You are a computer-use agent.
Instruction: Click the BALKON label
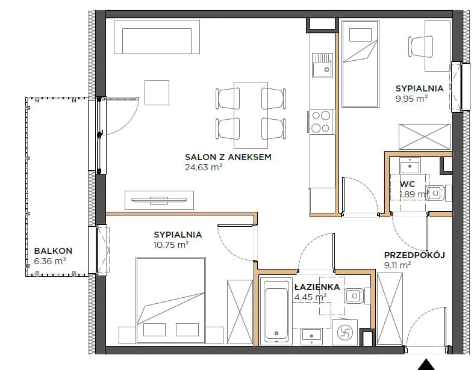click(53, 251)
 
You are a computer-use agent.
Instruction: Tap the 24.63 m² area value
click(204, 167)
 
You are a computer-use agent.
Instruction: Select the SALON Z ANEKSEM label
click(228, 157)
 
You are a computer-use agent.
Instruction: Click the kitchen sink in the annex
click(322, 65)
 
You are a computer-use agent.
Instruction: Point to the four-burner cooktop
click(322, 122)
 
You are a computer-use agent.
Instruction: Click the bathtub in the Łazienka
click(276, 310)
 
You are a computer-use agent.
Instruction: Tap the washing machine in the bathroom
click(345, 332)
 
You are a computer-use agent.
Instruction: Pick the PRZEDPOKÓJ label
click(414, 255)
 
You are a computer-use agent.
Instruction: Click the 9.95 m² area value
click(411, 99)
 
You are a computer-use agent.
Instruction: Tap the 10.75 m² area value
click(171, 245)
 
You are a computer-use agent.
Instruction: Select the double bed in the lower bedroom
click(171, 300)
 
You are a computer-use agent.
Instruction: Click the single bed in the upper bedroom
click(360, 63)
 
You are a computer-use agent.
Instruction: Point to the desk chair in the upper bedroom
click(421, 46)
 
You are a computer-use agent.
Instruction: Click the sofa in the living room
click(157, 37)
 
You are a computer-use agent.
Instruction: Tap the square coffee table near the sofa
click(157, 93)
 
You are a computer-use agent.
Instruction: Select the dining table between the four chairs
click(251, 115)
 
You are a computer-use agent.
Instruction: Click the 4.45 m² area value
click(310, 298)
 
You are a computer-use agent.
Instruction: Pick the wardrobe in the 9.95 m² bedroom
click(425, 137)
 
